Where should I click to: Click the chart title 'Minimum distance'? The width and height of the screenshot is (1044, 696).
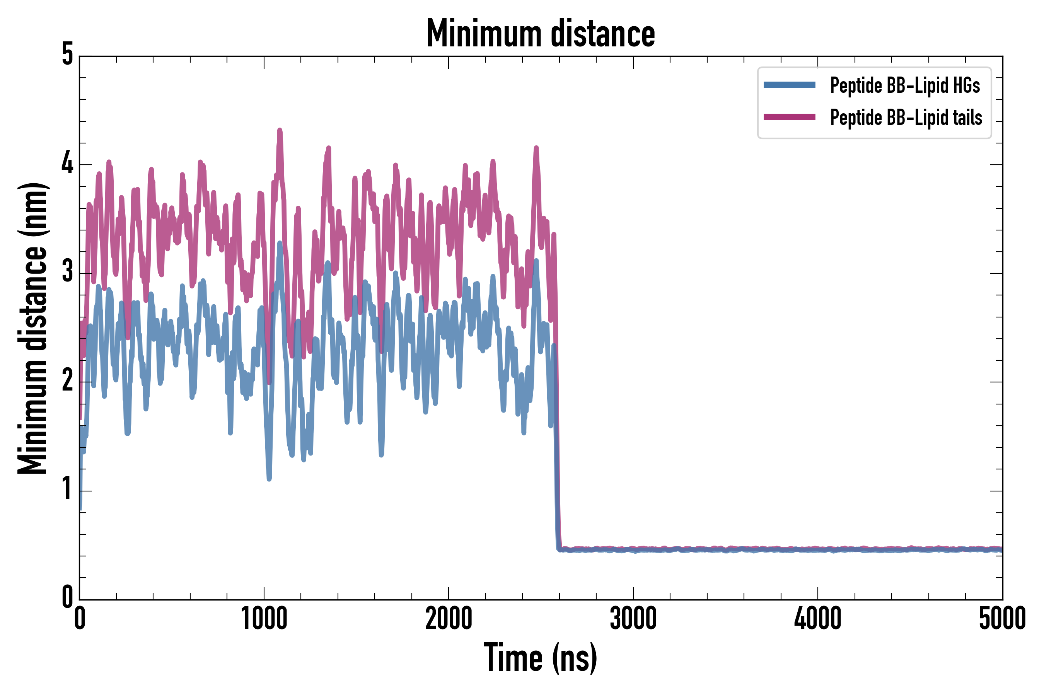click(540, 34)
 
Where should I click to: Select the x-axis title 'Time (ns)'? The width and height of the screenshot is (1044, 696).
click(540, 657)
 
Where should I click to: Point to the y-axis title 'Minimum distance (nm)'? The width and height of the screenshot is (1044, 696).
click(32, 328)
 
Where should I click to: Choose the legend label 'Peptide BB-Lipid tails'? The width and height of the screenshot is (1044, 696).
click(906, 118)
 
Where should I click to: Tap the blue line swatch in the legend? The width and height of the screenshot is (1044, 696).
click(789, 85)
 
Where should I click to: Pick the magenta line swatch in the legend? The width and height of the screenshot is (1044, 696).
click(789, 117)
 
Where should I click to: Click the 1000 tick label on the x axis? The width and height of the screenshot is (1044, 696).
click(264, 618)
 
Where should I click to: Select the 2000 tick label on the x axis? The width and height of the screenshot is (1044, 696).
click(448, 618)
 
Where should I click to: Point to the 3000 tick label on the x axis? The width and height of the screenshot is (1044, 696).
click(633, 618)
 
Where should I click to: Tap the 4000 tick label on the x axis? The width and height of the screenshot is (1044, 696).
click(818, 618)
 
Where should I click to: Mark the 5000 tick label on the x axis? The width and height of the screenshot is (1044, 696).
click(1002, 618)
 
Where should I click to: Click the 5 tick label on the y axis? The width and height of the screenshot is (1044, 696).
click(67, 55)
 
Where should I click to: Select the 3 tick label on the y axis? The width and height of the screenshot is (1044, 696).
click(67, 272)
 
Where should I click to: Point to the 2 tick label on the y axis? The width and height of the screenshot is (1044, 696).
click(67, 381)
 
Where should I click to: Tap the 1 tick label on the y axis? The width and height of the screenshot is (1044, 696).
click(67, 489)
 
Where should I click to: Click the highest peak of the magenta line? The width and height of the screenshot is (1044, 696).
click(280, 130)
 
